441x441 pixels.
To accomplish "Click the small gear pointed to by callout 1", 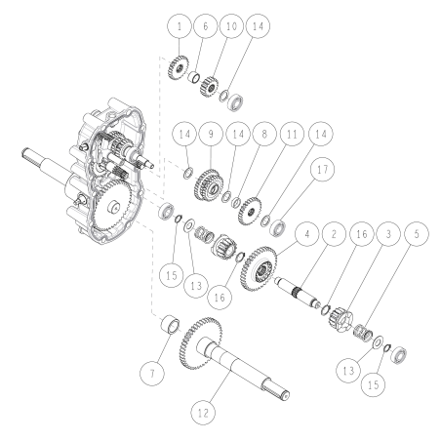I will click(177, 67).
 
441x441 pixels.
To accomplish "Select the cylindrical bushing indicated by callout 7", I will click(169, 324).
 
